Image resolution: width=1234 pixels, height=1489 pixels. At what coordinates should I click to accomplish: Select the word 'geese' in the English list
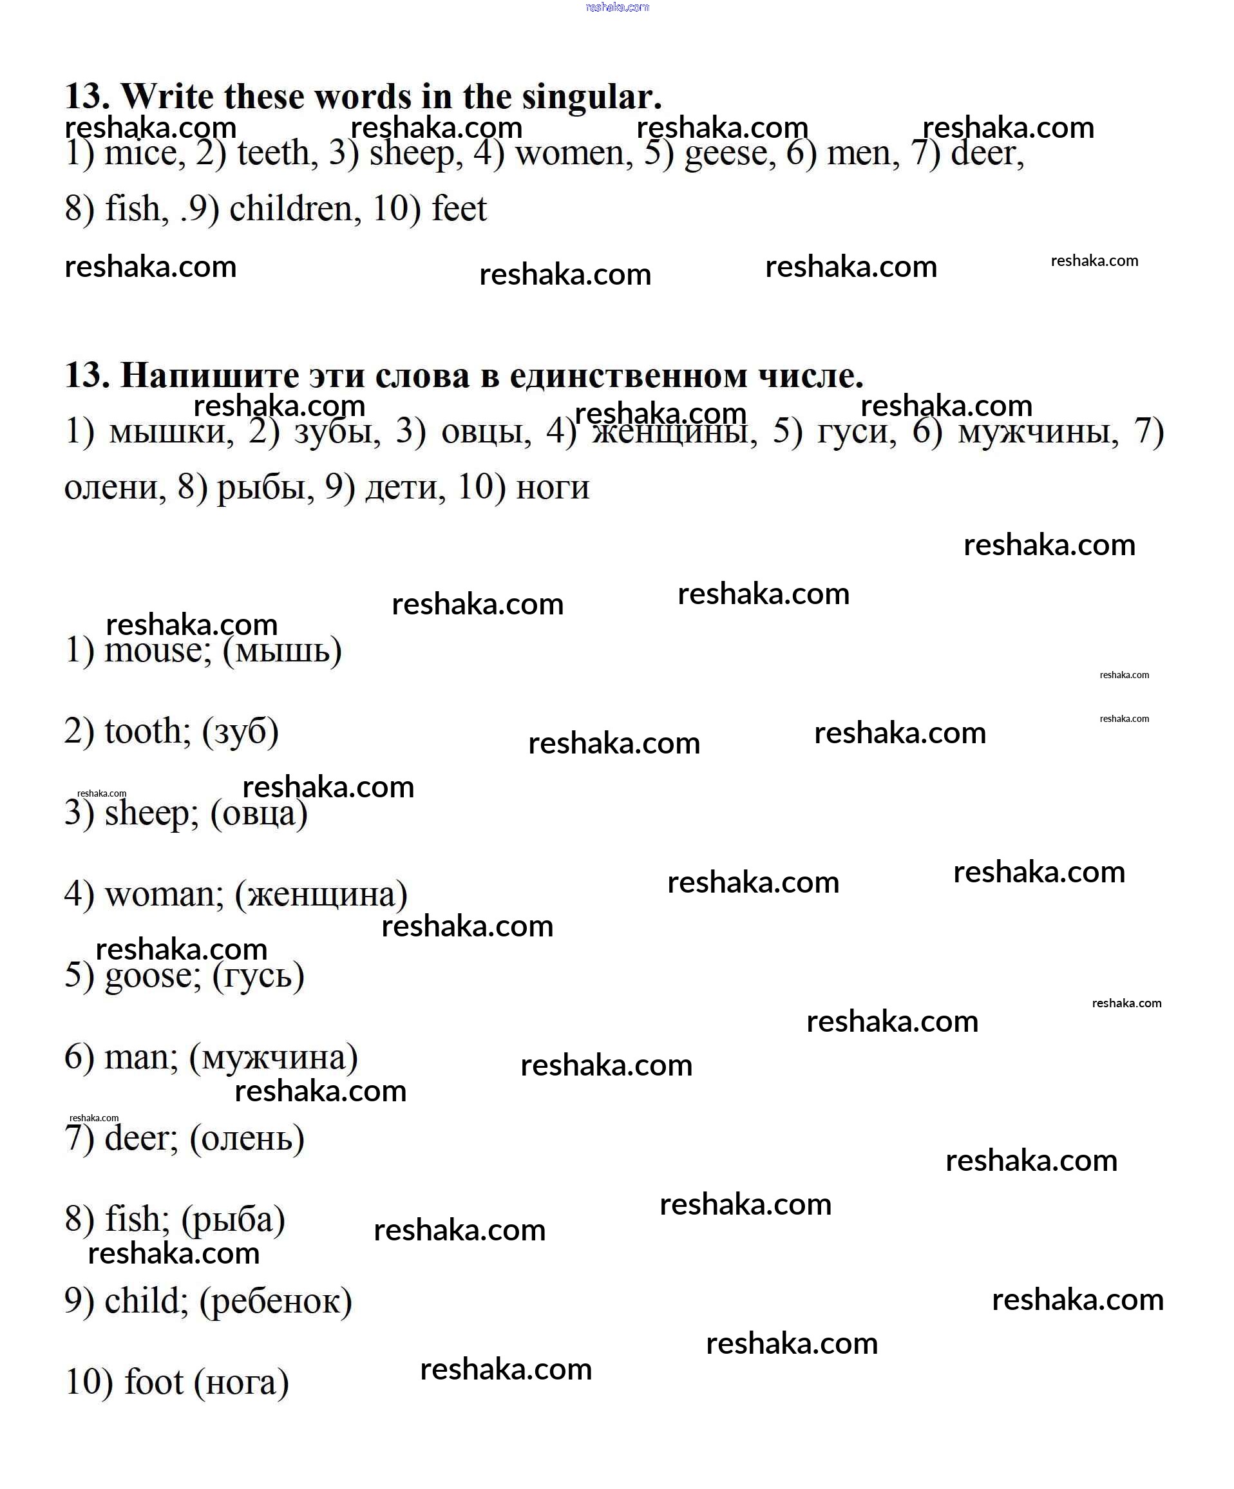[730, 154]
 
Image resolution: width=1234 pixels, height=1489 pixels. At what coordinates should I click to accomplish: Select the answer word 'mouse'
[157, 651]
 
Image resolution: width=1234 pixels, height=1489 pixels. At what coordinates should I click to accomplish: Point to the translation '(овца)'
[259, 814]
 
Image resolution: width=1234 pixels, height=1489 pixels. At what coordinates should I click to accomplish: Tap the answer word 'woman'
[164, 895]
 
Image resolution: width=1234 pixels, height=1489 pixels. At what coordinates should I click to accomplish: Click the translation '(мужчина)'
[273, 1058]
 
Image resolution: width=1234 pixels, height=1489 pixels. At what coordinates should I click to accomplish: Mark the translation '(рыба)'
[233, 1220]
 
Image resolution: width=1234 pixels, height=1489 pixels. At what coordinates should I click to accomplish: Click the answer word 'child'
[146, 1302]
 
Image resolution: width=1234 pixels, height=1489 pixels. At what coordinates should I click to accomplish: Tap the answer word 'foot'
[154, 1383]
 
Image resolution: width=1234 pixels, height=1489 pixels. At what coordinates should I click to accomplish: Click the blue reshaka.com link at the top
[617, 7]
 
